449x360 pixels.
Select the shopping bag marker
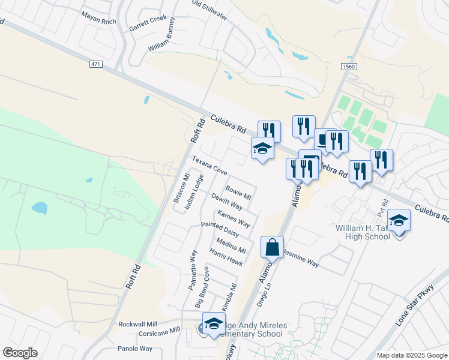coord(272,247)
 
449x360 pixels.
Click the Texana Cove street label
coord(209,166)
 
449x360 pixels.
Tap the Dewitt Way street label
coord(227,202)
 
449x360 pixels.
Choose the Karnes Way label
coord(234,218)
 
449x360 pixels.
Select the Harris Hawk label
coord(226,257)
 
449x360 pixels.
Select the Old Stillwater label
coord(209,11)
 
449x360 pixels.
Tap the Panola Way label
coord(135,348)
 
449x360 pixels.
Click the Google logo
coord(20,353)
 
